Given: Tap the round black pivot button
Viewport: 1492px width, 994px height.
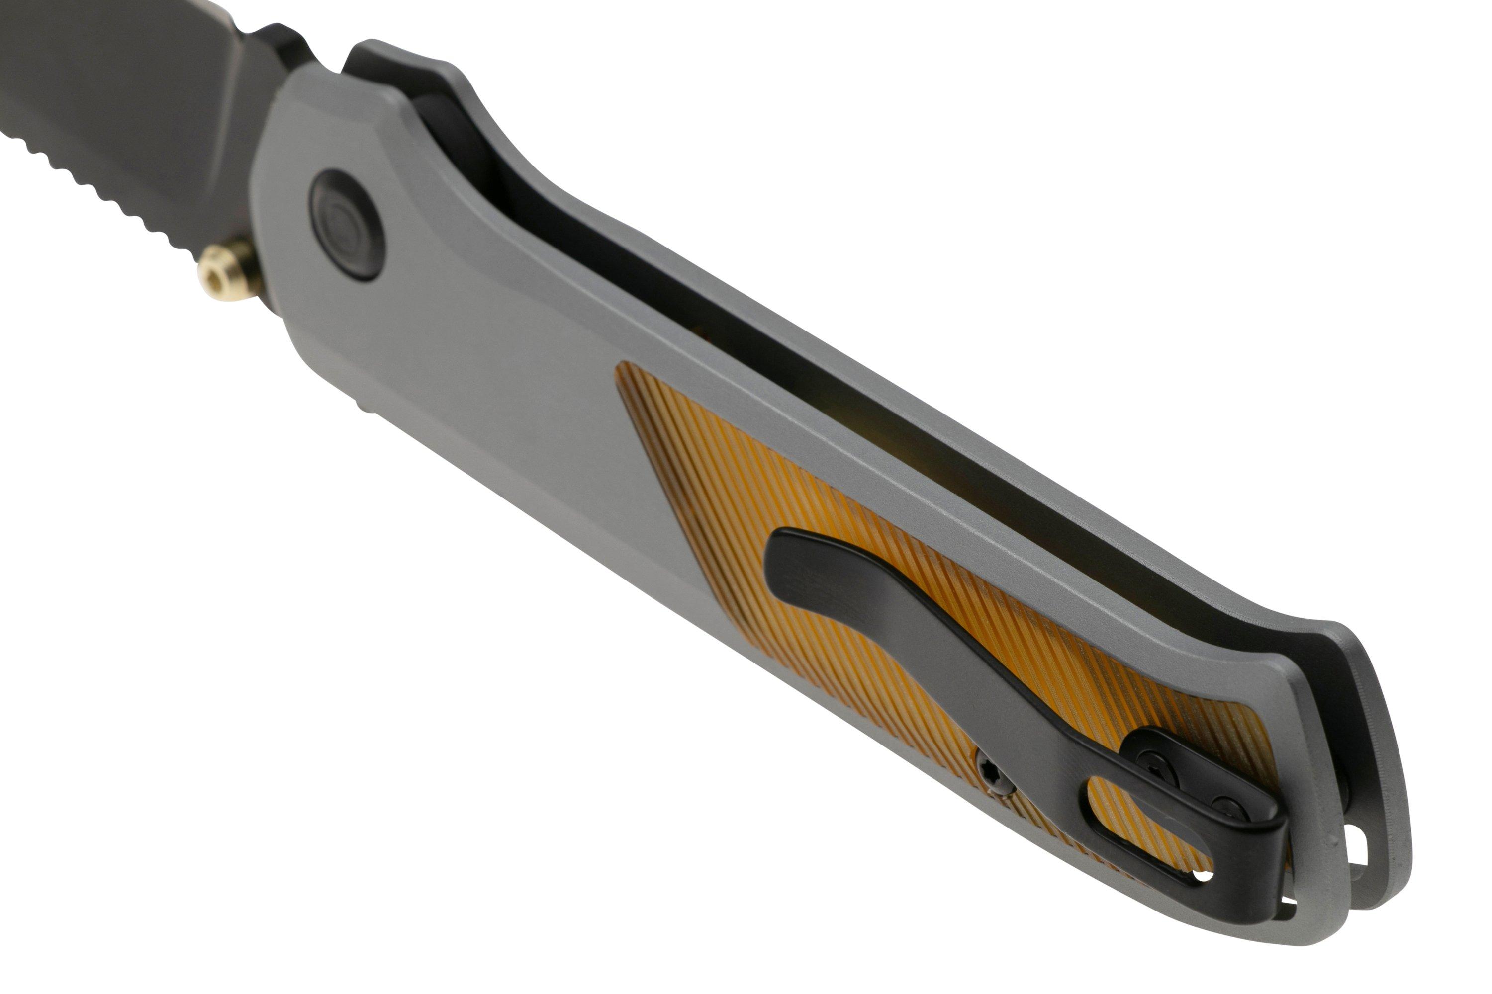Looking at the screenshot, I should point(346,224).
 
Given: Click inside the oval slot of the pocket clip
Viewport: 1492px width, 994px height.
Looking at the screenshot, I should point(1135,817).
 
